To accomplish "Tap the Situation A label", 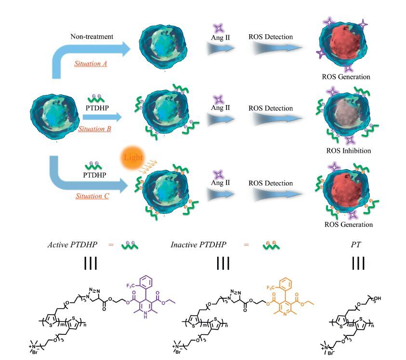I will (x=91, y=63).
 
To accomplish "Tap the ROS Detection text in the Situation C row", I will (x=271, y=183).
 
